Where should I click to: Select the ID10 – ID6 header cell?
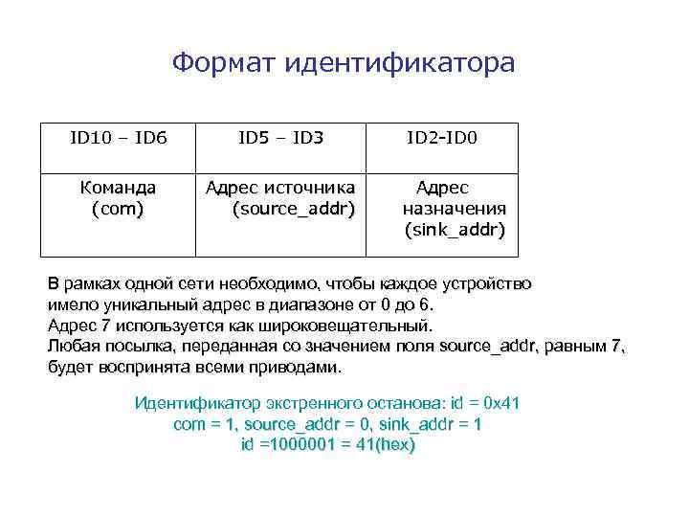tap(118, 139)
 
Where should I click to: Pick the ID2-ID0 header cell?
tap(441, 139)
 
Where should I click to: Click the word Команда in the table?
tap(118, 188)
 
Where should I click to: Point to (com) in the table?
tap(118, 209)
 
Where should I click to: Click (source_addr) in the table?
tap(293, 209)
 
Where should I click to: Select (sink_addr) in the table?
tap(455, 230)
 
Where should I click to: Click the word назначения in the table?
tap(455, 209)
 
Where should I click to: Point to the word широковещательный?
tap(353, 326)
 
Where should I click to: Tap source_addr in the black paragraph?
tap(489, 347)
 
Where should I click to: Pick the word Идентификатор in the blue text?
tap(191, 403)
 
